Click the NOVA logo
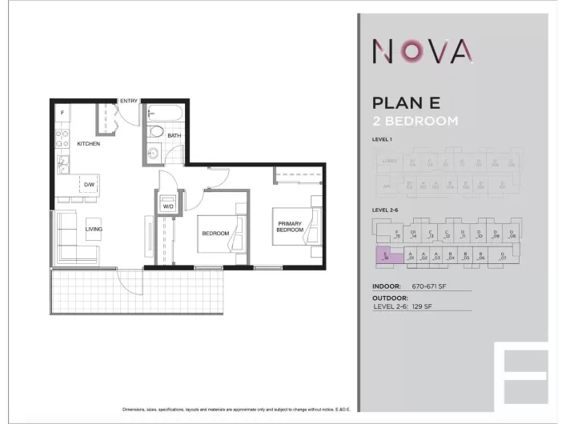tap(422, 52)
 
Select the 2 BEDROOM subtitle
tap(415, 122)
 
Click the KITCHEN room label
tap(88, 144)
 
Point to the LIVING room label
tap(94, 230)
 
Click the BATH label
tap(175, 136)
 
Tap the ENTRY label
tap(129, 101)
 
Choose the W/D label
tap(169, 206)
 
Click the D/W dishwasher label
tap(89, 185)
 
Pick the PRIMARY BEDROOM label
tap(290, 226)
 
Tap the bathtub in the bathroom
tap(167, 112)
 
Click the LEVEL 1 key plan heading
tap(383, 140)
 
